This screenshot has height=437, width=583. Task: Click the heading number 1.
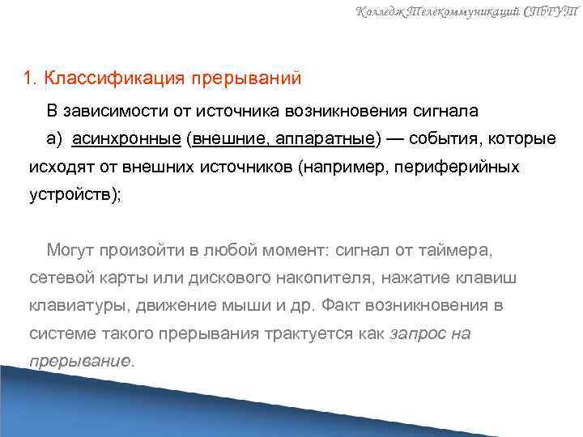(x=29, y=79)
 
